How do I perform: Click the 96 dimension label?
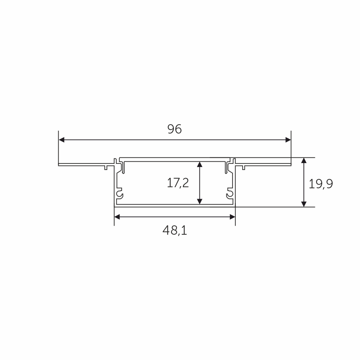click(175, 129)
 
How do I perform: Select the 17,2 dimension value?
click(178, 183)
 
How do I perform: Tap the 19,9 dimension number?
click(320, 184)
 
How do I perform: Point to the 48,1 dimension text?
click(175, 230)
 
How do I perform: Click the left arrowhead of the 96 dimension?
click(62, 140)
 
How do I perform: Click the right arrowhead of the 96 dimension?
click(288, 140)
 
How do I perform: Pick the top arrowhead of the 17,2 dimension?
click(200, 165)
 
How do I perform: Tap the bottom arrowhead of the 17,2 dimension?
click(200, 201)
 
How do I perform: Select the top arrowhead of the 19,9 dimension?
click(304, 161)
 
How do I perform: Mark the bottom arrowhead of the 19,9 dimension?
click(304, 204)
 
